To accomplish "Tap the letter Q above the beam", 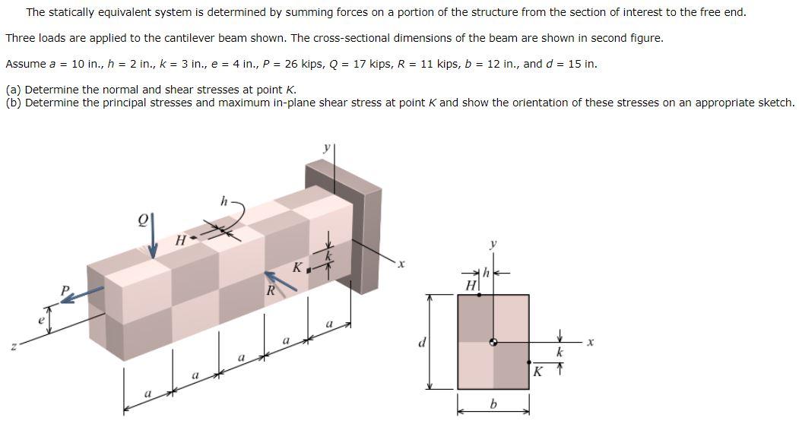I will coord(141,220).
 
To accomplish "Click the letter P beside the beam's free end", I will coord(66,289).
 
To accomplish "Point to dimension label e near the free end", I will coord(42,321).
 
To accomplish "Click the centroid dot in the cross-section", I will coord(493,343).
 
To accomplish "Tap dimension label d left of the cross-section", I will coord(421,342).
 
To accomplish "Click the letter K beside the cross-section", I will coord(537,372).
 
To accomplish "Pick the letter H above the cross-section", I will coord(471,284).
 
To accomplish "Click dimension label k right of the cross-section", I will coord(560,353).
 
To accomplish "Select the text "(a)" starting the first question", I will coord(14,89).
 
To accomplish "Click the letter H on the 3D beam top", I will coord(180,240).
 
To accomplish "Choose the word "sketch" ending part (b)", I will coord(775,102).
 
